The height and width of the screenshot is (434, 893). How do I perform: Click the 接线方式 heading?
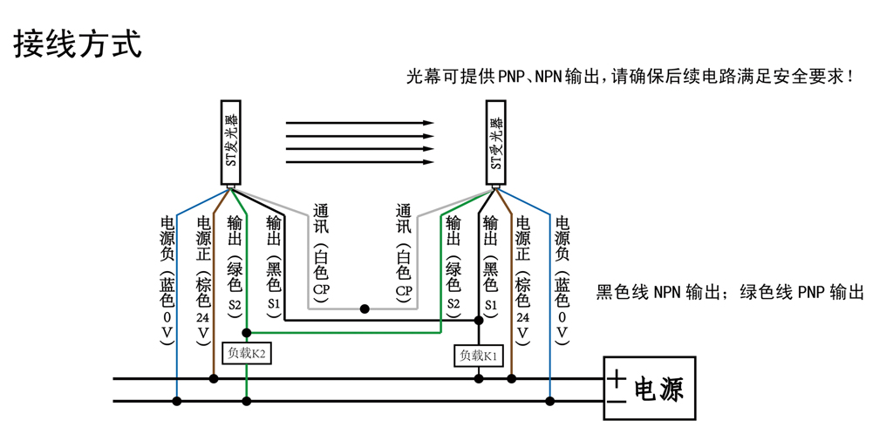pyautogui.click(x=78, y=44)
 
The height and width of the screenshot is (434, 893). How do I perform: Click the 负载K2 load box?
pyautogui.click(x=247, y=353)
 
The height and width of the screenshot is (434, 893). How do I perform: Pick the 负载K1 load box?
pyautogui.click(x=479, y=356)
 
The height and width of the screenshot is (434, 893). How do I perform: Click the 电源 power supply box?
pyautogui.click(x=650, y=389)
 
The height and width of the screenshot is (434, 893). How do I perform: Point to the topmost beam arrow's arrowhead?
pyautogui.click(x=428, y=122)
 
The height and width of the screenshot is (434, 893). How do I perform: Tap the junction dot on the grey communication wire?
pyautogui.click(x=365, y=309)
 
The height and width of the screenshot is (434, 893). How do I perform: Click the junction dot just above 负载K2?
pyautogui.click(x=247, y=332)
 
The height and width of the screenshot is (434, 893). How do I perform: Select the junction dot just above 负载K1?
pyautogui.click(x=479, y=320)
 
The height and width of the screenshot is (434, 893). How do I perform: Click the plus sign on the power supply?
pyautogui.click(x=617, y=378)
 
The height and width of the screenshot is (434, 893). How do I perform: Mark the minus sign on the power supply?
pyautogui.click(x=617, y=402)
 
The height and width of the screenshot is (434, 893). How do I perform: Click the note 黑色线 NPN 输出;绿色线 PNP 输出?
pyautogui.click(x=730, y=293)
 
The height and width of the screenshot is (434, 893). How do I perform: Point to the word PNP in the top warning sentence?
pyautogui.click(x=511, y=77)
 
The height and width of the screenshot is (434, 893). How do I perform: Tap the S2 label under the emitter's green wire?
pyautogui.click(x=235, y=305)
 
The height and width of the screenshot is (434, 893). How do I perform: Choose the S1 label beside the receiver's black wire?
pyautogui.click(x=490, y=305)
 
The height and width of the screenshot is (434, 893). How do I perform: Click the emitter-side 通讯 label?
pyautogui.click(x=321, y=219)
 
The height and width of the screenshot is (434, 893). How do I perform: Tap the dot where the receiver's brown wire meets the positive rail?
pyautogui.click(x=511, y=378)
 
